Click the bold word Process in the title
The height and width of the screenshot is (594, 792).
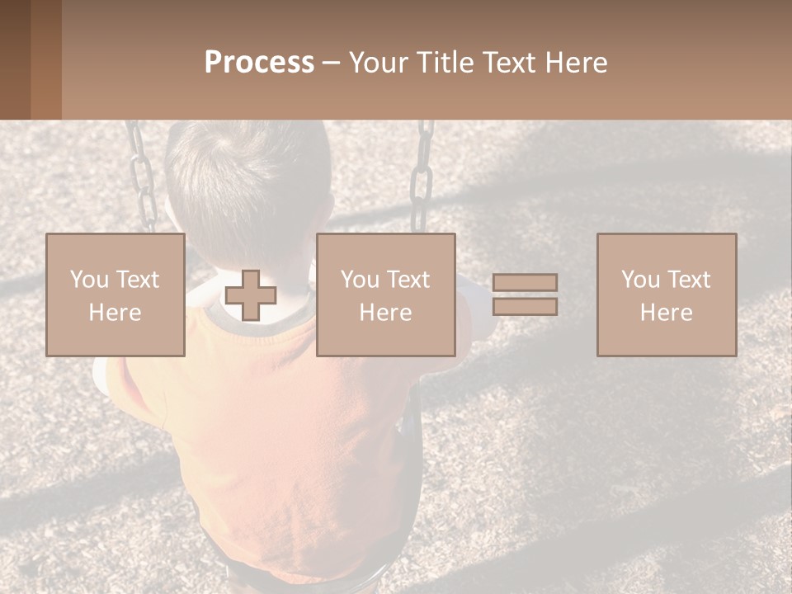pyautogui.click(x=259, y=63)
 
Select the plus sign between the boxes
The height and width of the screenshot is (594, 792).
pyautogui.click(x=251, y=295)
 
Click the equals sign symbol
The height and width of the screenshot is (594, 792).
pyautogui.click(x=525, y=295)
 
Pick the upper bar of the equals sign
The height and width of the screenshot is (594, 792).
pyautogui.click(x=525, y=283)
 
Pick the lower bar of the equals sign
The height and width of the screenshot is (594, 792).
pyautogui.click(x=525, y=306)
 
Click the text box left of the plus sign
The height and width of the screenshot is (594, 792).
pyautogui.click(x=115, y=295)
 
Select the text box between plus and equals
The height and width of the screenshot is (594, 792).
pyautogui.click(x=386, y=295)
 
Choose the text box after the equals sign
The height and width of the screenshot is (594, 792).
pyautogui.click(x=667, y=295)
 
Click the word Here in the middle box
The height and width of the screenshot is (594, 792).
pyautogui.click(x=386, y=313)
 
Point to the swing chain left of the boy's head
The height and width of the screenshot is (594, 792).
pyautogui.click(x=141, y=177)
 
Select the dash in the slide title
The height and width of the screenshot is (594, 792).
pyautogui.click(x=331, y=63)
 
